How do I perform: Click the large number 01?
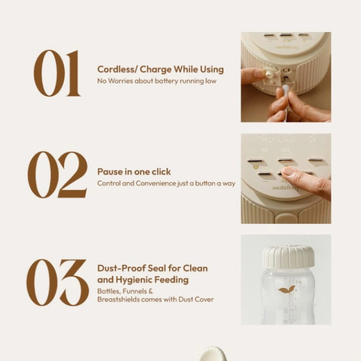click(x=57, y=73)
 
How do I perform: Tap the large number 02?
click(x=57, y=175)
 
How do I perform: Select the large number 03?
click(x=57, y=283)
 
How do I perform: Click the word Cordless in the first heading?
click(x=117, y=69)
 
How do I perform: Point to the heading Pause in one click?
click(x=134, y=172)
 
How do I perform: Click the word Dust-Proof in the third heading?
click(x=121, y=268)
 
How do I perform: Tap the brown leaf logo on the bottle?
click(x=287, y=290)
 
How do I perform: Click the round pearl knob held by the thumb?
click(x=269, y=74)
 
